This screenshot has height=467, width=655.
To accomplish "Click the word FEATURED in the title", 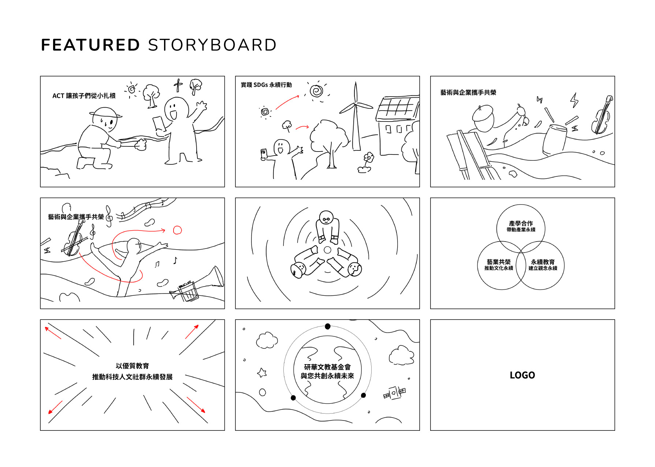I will [x=90, y=45].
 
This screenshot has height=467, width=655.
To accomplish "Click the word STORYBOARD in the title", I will [x=212, y=45].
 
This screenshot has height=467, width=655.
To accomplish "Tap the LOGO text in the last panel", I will [x=522, y=375].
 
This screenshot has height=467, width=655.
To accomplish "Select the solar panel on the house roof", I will [x=398, y=108].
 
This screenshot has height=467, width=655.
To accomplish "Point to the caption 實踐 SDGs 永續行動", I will [x=266, y=85].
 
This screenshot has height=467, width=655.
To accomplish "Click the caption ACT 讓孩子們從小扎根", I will [x=84, y=96].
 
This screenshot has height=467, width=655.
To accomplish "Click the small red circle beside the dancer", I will [x=177, y=230].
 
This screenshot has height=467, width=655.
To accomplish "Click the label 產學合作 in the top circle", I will [x=521, y=223].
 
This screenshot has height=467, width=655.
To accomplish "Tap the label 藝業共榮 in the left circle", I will [x=498, y=262].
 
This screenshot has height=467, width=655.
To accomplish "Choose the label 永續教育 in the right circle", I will [x=543, y=262].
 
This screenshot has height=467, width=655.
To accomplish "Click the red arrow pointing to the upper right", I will [x=192, y=332].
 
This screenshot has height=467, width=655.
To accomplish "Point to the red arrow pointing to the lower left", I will [x=55, y=407].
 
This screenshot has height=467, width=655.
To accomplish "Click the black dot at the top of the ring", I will [x=328, y=326].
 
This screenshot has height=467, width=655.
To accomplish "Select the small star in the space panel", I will [x=262, y=373].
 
